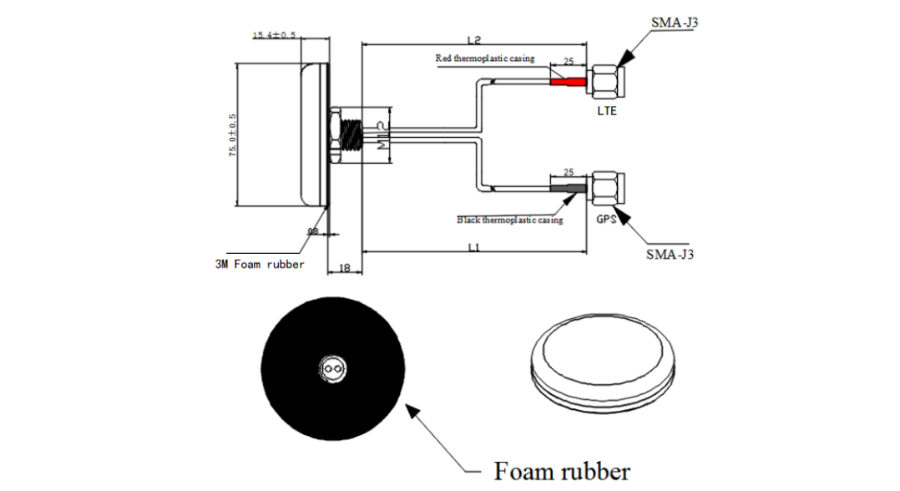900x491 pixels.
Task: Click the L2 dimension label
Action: (473, 40)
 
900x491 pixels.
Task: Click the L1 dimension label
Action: (473, 247)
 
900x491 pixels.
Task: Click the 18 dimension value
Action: (342, 268)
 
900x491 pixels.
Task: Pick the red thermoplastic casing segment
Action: (568, 82)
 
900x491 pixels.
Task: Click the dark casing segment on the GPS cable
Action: (568, 189)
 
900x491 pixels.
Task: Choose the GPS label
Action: (607, 219)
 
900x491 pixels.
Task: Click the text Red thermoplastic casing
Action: (485, 58)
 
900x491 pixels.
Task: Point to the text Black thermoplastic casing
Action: (510, 220)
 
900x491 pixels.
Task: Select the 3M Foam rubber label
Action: (260, 264)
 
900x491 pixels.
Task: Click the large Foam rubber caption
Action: (562, 470)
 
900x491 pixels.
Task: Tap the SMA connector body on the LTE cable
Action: (604, 82)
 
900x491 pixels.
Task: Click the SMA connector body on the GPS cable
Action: (607, 189)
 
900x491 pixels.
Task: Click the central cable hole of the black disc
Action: (334, 368)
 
